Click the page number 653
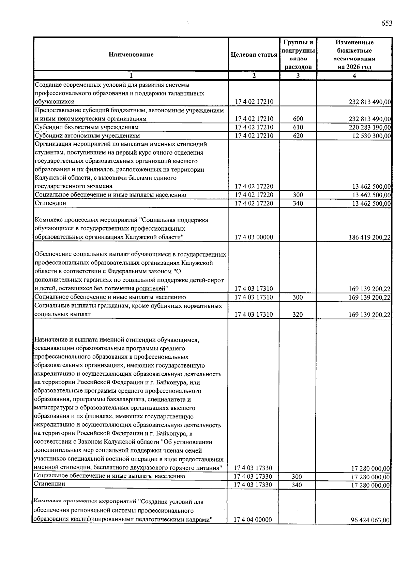[x=387, y=23]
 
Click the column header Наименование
[x=131, y=55]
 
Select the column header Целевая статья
[x=254, y=55]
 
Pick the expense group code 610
[x=298, y=127]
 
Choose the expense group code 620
[x=298, y=136]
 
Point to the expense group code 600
[x=298, y=119]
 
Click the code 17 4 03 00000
[x=254, y=237]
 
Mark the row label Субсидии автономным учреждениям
[x=87, y=136]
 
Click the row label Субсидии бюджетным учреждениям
[x=87, y=127]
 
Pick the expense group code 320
[x=298, y=314]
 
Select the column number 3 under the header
[x=298, y=76]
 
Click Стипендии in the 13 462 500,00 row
[x=50, y=203]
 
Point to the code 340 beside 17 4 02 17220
[x=298, y=203]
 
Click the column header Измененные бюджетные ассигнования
[x=354, y=55]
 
